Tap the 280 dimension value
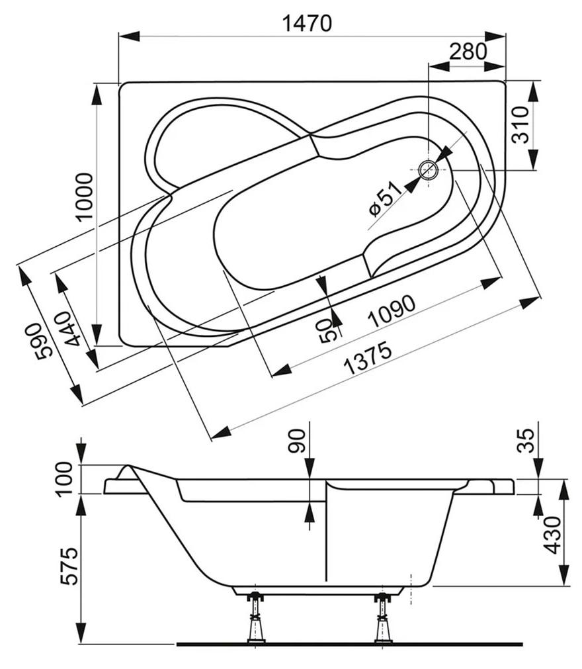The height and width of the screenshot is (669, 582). pos(468,51)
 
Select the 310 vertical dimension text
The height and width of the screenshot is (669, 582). pos(520,124)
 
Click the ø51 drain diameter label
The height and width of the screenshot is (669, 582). pos(385,199)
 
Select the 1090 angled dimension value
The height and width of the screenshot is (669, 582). pos(392,312)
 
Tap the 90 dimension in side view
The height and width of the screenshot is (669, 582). pos(297,441)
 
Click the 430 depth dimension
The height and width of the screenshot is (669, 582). pos(553,535)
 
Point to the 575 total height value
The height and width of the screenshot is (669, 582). pos(69,566)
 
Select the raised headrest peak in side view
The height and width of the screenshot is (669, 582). pos(126,466)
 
